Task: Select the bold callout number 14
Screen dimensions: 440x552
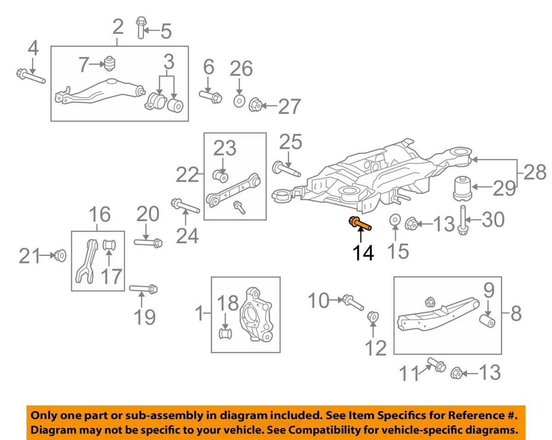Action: (363, 253)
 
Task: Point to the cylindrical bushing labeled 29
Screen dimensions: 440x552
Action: (462, 188)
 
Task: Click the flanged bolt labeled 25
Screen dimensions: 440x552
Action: (287, 169)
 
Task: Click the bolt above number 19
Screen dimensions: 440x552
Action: (144, 289)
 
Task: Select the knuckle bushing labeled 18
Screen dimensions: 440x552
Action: (225, 333)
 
